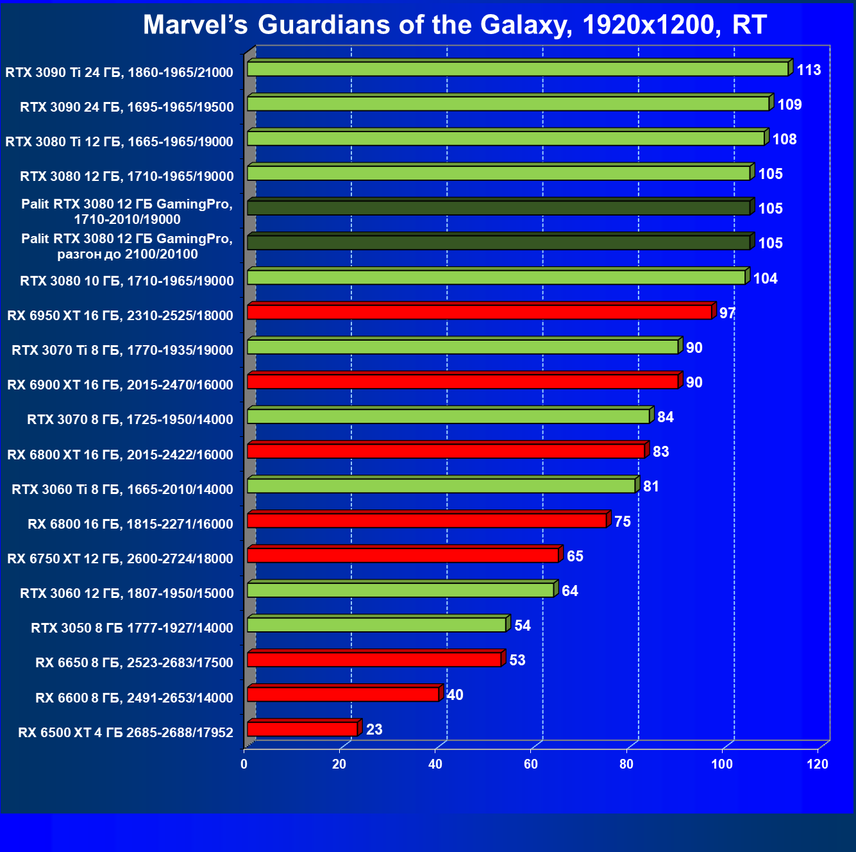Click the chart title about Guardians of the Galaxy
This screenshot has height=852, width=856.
tap(455, 25)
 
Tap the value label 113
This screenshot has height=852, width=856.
tap(809, 70)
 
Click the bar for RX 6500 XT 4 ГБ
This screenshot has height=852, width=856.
tap(302, 729)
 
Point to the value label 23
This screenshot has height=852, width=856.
tap(374, 729)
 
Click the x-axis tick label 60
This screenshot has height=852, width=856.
tap(531, 764)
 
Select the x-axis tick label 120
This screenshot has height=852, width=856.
tap(818, 764)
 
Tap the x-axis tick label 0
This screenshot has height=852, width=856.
tap(244, 764)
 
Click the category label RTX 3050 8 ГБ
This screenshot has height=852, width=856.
tap(132, 627)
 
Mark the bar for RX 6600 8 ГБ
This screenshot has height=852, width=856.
tap(343, 694)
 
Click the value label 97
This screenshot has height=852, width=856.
tap(727, 313)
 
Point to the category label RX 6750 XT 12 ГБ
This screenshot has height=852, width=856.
tap(120, 558)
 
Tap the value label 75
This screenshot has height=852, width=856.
tap(622, 522)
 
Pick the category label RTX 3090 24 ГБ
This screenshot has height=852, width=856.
tap(126, 106)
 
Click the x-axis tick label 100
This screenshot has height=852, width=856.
tap(722, 764)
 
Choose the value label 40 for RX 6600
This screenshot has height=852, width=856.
tap(455, 695)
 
